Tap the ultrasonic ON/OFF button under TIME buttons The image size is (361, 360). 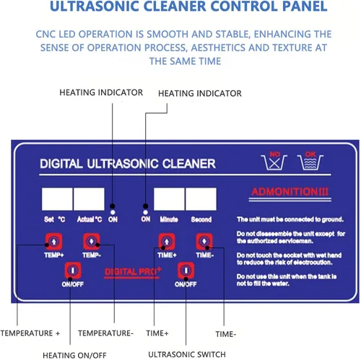(186, 271)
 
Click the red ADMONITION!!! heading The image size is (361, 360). (282, 192)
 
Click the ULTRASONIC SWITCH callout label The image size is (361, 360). (186, 354)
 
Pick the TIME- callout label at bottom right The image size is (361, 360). (226, 333)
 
